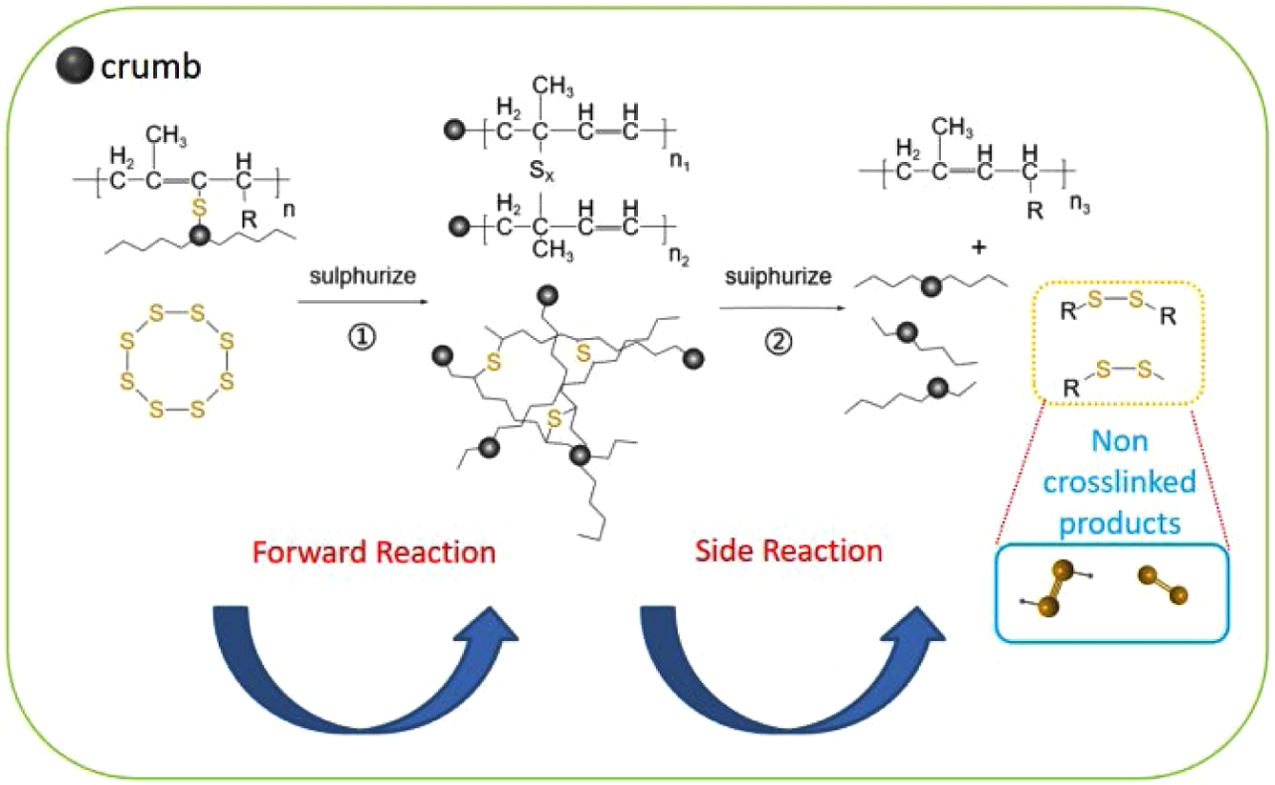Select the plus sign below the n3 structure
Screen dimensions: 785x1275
pos(977,247)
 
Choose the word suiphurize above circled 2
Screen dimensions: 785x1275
pos(777,277)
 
